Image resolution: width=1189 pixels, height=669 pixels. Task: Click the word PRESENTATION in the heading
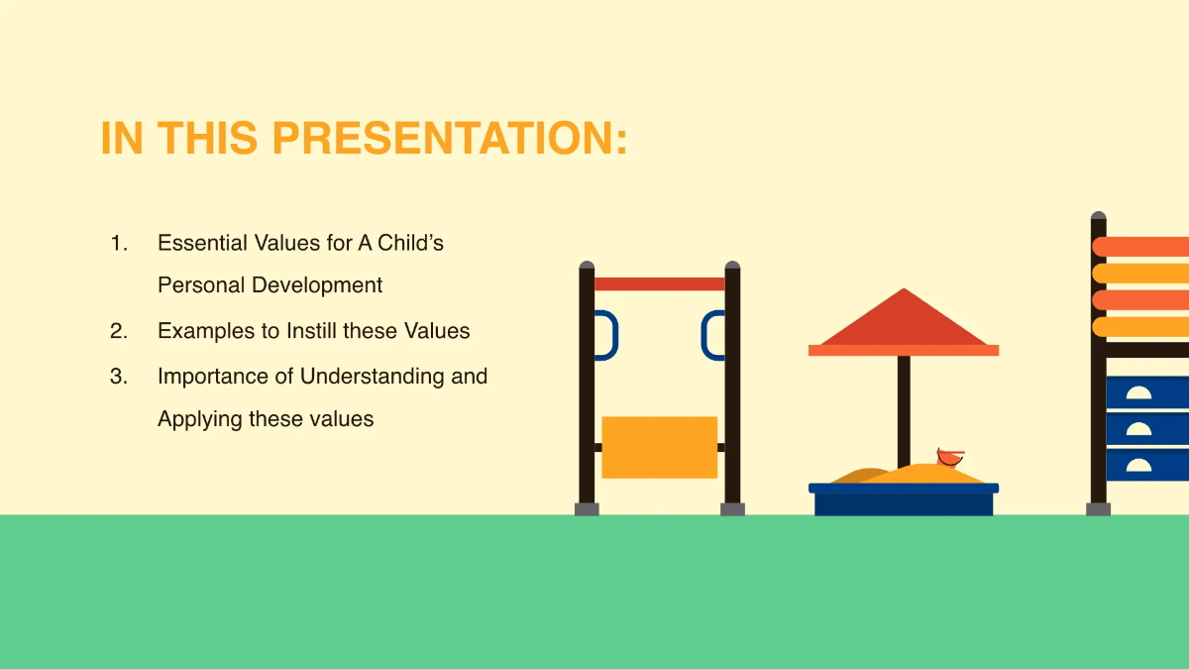(x=450, y=139)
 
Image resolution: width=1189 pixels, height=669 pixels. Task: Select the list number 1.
(x=119, y=243)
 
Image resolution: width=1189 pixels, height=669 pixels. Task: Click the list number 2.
(x=119, y=331)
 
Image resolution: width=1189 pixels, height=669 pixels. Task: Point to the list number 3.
(x=119, y=377)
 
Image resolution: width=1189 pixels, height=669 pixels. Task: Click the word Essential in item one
(x=202, y=243)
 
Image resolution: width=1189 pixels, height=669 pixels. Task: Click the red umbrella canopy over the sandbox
(x=903, y=322)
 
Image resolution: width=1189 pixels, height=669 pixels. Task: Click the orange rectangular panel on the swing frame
(x=659, y=447)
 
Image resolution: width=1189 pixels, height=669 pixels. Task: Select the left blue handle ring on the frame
(x=605, y=335)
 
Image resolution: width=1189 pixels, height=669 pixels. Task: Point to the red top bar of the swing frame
(x=659, y=284)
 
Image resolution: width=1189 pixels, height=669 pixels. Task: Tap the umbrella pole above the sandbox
(x=904, y=406)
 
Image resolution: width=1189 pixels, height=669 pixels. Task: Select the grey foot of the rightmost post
(x=1098, y=509)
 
